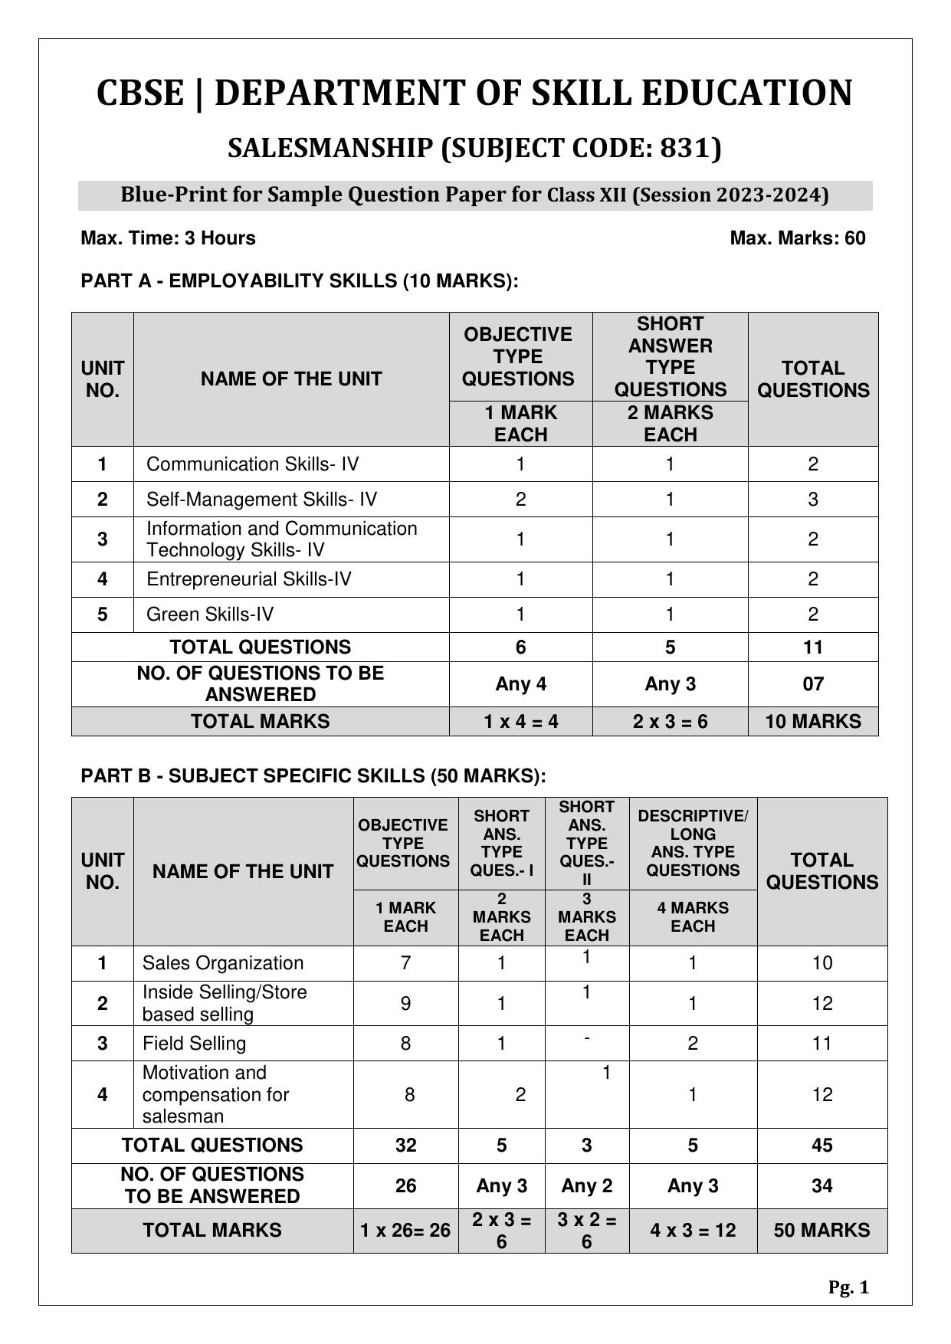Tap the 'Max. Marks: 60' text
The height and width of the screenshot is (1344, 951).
(797, 238)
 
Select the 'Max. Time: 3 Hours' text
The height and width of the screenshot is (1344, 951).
(168, 238)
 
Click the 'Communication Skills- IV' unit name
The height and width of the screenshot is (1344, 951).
(252, 464)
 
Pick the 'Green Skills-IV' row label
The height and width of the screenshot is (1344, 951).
(209, 615)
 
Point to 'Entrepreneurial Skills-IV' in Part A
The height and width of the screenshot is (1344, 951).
(248, 579)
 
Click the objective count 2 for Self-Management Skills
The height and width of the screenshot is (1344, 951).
(520, 500)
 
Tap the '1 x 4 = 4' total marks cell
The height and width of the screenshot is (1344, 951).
(520, 722)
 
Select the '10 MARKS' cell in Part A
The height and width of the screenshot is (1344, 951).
(812, 722)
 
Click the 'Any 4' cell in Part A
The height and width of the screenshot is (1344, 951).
(520, 684)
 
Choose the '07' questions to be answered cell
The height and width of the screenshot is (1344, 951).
(812, 684)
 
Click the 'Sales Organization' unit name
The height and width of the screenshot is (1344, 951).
(222, 963)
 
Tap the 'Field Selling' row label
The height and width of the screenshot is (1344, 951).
(194, 1044)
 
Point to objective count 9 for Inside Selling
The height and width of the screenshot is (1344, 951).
(405, 1004)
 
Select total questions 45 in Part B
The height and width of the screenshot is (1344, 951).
(821, 1146)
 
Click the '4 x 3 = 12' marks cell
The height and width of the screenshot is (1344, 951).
(692, 1231)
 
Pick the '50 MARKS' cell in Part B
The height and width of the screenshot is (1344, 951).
(821, 1231)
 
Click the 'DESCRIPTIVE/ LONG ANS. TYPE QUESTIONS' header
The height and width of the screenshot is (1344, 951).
(692, 843)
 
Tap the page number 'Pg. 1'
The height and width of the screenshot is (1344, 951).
(848, 1288)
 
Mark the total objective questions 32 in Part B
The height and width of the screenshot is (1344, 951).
(405, 1146)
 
